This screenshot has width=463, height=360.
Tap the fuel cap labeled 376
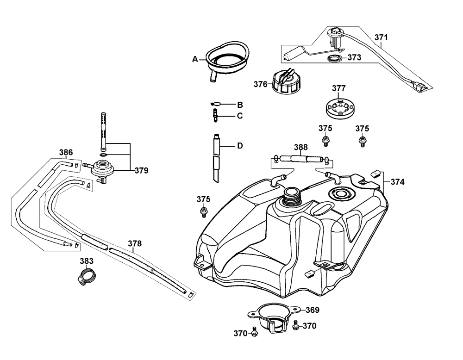point(284,82)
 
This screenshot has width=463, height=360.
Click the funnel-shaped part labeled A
point(228,57)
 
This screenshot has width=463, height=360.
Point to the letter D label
point(240,146)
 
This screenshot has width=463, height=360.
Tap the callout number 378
point(135,243)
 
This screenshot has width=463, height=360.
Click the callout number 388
point(301,148)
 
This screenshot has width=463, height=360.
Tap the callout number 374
point(398,182)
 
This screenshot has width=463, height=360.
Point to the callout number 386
point(66,152)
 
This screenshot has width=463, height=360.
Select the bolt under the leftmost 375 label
point(203,212)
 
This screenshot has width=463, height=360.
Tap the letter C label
point(240,116)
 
